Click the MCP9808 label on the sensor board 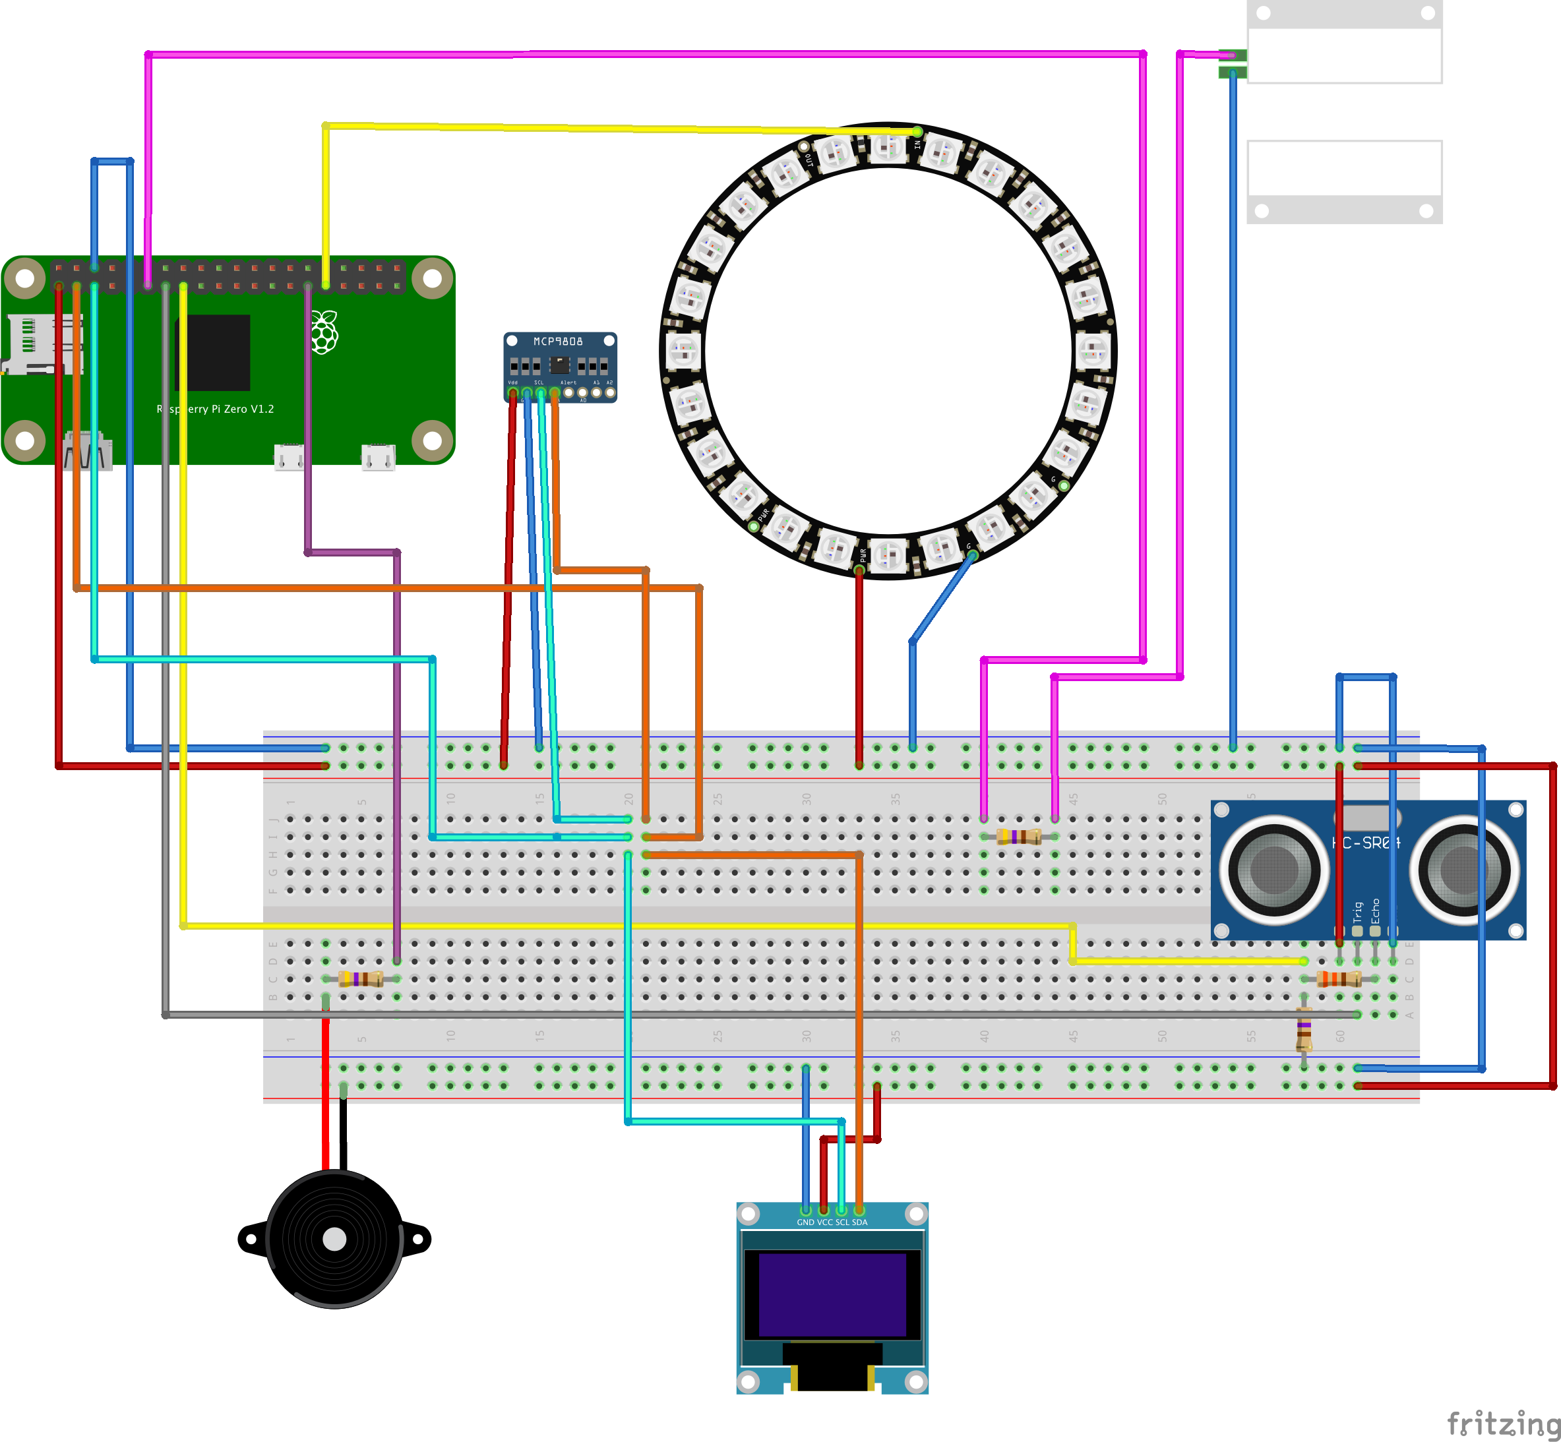[x=557, y=342]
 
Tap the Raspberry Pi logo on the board [x=324, y=332]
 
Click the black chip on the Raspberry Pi [x=212, y=353]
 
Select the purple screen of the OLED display [x=832, y=1296]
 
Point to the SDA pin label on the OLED [x=859, y=1222]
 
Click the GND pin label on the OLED [x=805, y=1222]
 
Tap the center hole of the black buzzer [x=334, y=1239]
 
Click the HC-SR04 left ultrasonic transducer [x=1273, y=869]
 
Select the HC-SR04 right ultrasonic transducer [x=1464, y=869]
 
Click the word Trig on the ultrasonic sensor [x=1357, y=911]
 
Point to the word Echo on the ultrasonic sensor [x=1375, y=911]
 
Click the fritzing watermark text [x=1502, y=1424]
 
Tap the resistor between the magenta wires [x=1018, y=837]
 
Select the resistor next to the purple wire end [x=361, y=978]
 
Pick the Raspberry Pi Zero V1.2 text [x=216, y=409]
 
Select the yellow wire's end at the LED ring [x=917, y=132]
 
